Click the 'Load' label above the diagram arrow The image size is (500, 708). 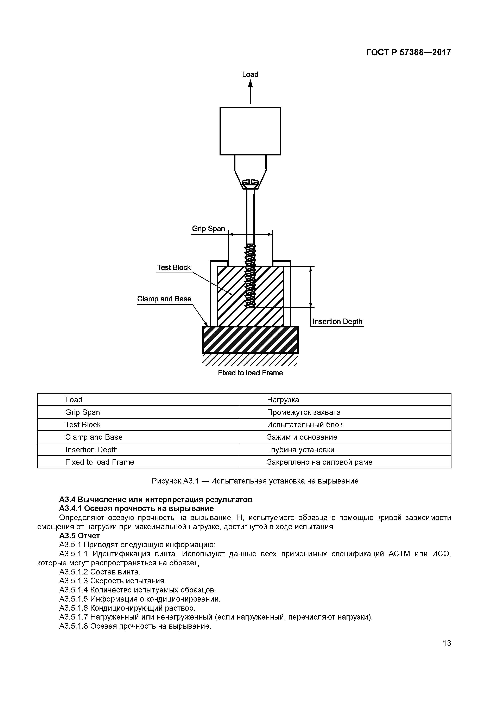[250, 74]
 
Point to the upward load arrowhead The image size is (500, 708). [250, 83]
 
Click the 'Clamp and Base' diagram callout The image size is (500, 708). [164, 299]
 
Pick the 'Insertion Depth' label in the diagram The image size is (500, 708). [337, 321]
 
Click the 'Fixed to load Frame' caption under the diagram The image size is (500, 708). [250, 373]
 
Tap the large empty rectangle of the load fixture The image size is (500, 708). [250, 131]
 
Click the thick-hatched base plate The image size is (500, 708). [250, 339]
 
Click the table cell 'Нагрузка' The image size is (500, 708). [283, 400]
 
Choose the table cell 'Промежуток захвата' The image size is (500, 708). [303, 412]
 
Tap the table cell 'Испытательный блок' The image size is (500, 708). [304, 425]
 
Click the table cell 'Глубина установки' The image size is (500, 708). [300, 450]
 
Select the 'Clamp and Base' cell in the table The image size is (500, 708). [94, 437]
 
